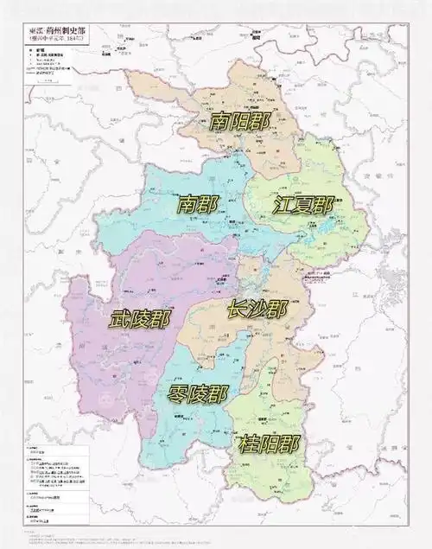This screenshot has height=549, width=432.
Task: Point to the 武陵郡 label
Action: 140,319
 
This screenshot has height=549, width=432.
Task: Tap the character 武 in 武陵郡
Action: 120,319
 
